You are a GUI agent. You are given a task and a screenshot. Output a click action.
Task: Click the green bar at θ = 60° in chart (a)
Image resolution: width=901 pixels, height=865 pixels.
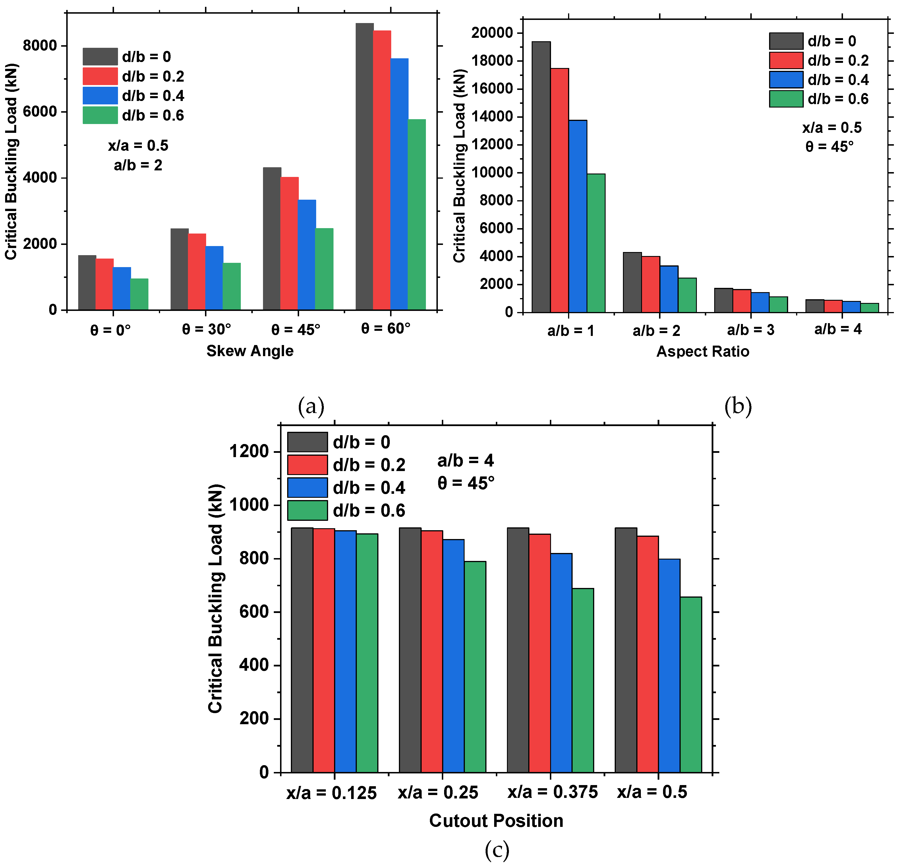pyautogui.click(x=417, y=214)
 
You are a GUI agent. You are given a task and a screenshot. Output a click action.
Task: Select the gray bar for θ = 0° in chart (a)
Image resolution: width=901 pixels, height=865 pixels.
pyautogui.click(x=87, y=282)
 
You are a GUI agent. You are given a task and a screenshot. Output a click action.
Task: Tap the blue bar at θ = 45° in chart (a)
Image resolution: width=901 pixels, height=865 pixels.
pyautogui.click(x=306, y=254)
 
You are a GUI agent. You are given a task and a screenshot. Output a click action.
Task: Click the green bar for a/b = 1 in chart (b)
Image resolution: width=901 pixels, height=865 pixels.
pyautogui.click(x=596, y=243)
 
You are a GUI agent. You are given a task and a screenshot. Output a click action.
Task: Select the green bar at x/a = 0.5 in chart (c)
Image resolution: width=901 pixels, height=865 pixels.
pyautogui.click(x=690, y=684)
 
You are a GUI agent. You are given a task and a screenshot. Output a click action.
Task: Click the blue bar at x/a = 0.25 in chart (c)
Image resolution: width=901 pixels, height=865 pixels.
pyautogui.click(x=453, y=656)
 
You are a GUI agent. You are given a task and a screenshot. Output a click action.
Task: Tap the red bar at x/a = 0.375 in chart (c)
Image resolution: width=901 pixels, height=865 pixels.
pyautogui.click(x=539, y=653)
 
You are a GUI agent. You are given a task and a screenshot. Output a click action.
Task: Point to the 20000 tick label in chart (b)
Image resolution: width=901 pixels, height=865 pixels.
pyautogui.click(x=491, y=33)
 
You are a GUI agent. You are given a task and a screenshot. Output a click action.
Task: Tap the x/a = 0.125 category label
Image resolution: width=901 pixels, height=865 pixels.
pyautogui.click(x=332, y=793)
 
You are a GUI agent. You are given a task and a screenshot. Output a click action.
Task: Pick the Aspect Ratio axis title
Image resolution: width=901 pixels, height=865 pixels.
pyautogui.click(x=703, y=351)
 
